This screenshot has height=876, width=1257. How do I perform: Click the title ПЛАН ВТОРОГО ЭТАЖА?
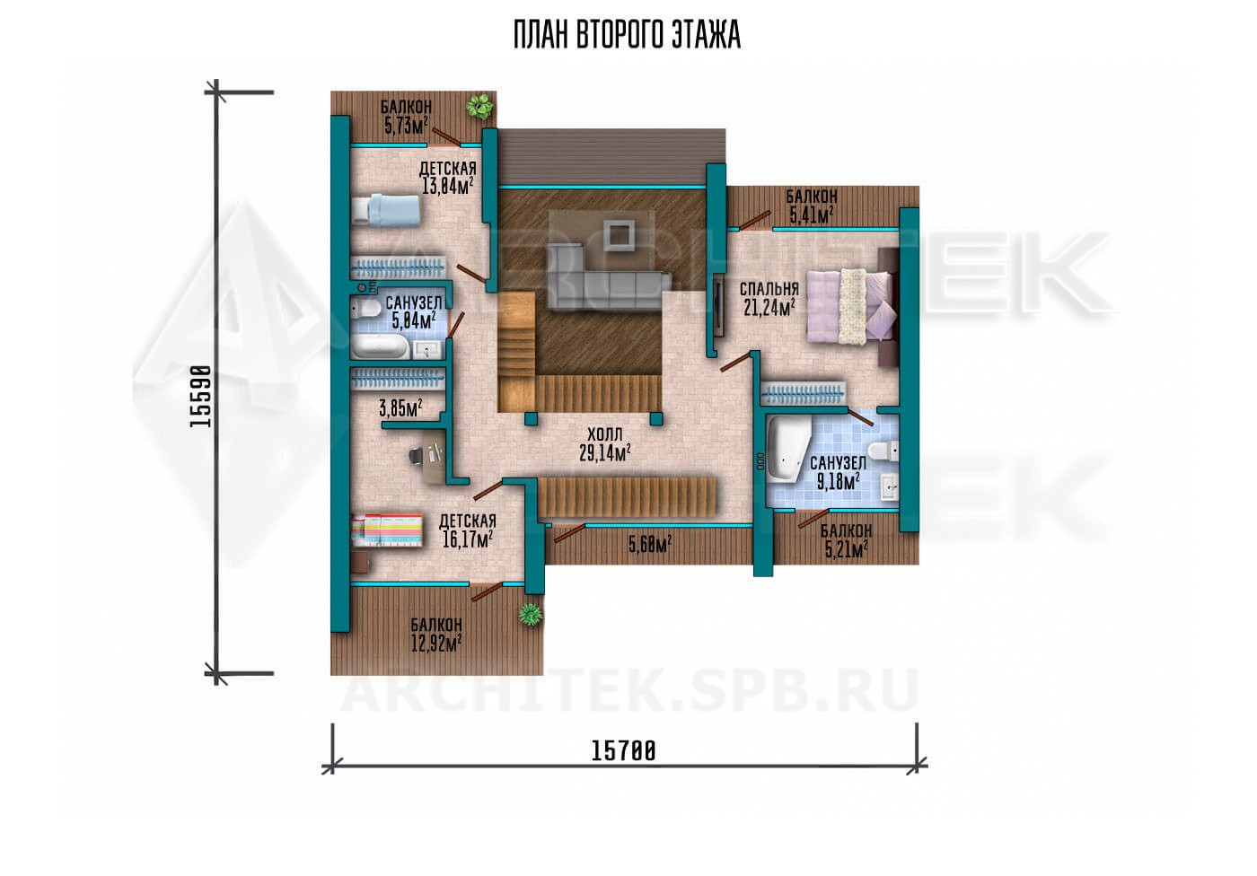tap(627, 35)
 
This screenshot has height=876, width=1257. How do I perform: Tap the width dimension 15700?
tap(623, 751)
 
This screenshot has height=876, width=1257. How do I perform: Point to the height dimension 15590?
tap(200, 396)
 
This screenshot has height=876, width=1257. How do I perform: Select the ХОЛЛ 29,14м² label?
tap(604, 443)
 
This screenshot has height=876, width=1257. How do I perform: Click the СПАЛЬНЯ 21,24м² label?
tap(769, 299)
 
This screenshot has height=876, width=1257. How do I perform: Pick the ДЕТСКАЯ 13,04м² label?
tap(448, 177)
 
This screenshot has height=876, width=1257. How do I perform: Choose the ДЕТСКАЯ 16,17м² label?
tap(468, 530)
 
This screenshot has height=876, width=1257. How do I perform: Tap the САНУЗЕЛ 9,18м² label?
tap(838, 472)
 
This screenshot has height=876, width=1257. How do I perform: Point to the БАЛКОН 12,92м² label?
tap(436, 635)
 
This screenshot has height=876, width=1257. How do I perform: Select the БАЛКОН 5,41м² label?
tap(812, 206)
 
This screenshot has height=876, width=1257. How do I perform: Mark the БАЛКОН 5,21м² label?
tap(846, 540)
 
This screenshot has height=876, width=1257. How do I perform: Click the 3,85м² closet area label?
tap(400, 407)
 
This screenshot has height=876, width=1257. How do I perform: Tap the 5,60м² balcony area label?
tap(650, 543)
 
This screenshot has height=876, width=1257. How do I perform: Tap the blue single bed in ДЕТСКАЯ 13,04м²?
tap(386, 210)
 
